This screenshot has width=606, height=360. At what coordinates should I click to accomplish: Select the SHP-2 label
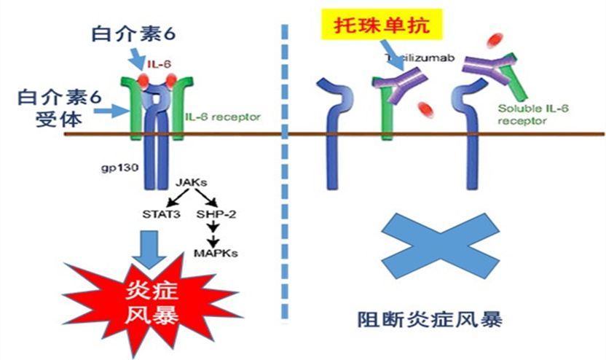click(213, 215)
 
